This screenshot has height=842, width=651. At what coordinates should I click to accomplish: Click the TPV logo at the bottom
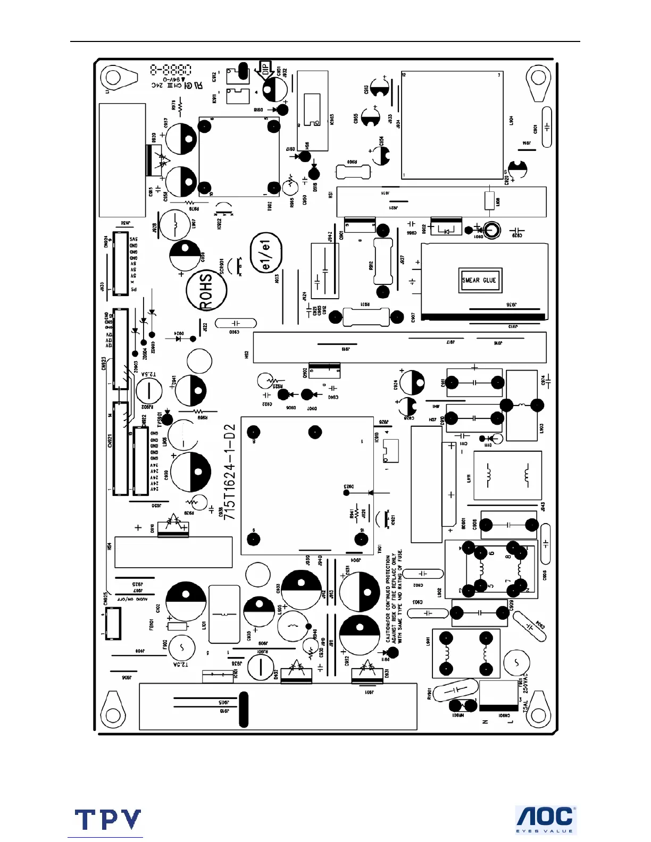coord(108,820)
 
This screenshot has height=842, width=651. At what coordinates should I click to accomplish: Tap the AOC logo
coord(546,819)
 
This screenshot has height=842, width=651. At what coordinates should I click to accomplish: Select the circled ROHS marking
coord(206,290)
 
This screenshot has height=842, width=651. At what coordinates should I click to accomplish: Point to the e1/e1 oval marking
coord(266,253)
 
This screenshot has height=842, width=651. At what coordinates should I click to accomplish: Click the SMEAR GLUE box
coord(479,280)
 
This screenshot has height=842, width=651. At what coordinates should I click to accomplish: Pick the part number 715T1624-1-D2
coord(229,472)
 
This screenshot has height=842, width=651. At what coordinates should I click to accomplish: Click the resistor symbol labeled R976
coord(180,107)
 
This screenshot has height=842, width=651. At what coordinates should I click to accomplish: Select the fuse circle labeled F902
coord(181,648)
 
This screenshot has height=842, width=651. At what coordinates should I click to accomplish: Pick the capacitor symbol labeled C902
coord(423,574)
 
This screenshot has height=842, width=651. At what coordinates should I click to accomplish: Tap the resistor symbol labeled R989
coord(198,411)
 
